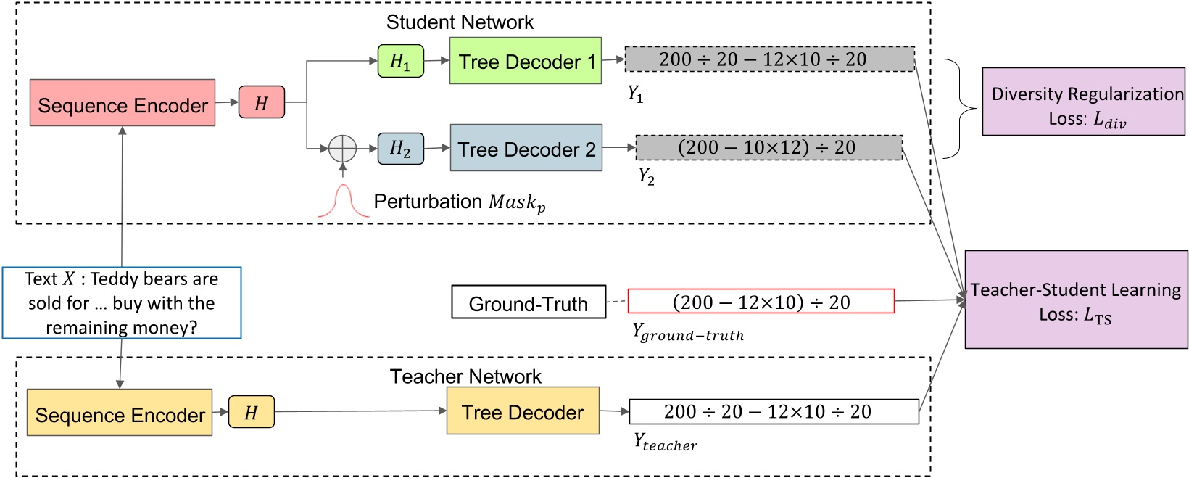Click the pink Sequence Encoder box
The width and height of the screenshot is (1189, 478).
pos(123,103)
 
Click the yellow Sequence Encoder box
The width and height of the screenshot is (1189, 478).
pos(120,412)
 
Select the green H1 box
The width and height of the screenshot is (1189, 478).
pos(400,61)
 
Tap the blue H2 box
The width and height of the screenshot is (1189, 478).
pos(400,149)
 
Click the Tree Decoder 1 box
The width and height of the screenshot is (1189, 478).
pos(526,61)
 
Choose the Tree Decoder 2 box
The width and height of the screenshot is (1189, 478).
pos(526,148)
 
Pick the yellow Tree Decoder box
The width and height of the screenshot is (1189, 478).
pos(523,411)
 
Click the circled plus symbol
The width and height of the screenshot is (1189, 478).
pos(342,149)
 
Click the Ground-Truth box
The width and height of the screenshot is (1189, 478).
pos(529,302)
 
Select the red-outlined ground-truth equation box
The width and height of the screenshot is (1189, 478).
pos(761,301)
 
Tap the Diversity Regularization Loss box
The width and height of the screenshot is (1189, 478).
pos(1083,102)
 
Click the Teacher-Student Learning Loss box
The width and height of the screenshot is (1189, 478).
pos(1076,300)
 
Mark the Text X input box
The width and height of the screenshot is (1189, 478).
pos(122,302)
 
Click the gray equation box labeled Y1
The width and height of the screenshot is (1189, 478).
pos(769,59)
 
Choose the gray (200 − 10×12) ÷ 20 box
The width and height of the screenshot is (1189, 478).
pos(768,147)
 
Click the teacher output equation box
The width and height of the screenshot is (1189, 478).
pos(774,411)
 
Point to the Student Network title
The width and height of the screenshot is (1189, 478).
pos(460,22)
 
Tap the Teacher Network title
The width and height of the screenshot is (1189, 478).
pos(465,376)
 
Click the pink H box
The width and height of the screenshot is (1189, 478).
pos(261,103)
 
